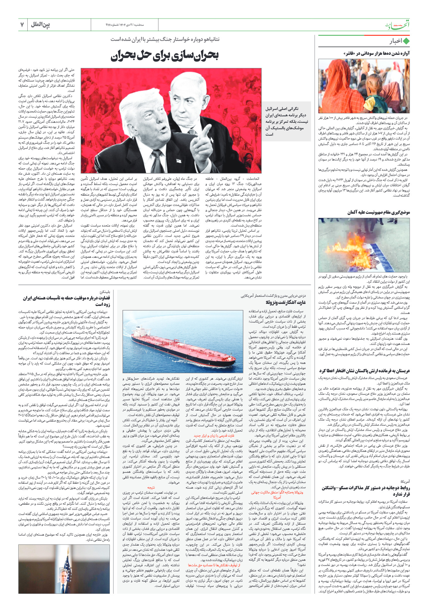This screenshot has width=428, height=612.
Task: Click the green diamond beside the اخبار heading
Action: click(x=406, y=41)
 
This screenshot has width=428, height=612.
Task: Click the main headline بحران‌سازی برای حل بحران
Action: click(x=165, y=56)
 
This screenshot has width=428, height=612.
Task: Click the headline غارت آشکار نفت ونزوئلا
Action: click(x=286, y=302)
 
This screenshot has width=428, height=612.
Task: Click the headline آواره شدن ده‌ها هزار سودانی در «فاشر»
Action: click(x=376, y=53)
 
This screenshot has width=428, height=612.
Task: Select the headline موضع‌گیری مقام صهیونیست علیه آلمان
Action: click(x=378, y=212)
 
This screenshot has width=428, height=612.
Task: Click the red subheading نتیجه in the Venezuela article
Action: click(x=151, y=488)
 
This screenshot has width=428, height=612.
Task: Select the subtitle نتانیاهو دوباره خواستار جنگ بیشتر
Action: click(x=165, y=39)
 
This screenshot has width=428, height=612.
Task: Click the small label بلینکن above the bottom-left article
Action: click(x=105, y=291)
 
